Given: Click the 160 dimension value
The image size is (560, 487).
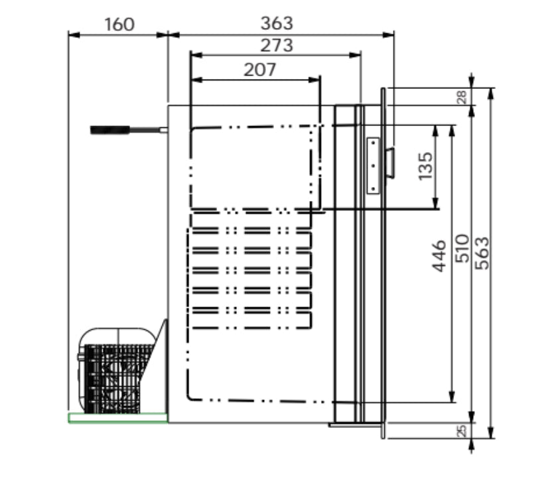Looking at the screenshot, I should tap(119, 25).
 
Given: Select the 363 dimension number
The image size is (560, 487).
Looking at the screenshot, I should tap(277, 23).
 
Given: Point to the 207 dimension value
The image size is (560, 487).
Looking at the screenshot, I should tap(259, 69).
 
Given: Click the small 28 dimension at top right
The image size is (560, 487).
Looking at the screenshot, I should tap(462, 96).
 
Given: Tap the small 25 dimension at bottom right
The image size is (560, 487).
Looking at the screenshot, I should tap(462, 430).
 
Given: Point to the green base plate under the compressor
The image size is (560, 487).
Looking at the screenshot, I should tap(118, 417).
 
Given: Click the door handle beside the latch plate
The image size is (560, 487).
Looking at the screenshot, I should tap(391, 163).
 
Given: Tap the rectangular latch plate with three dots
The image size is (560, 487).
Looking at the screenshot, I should tap(373, 165).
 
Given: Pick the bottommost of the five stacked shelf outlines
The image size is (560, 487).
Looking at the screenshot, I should tap(249, 319).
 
